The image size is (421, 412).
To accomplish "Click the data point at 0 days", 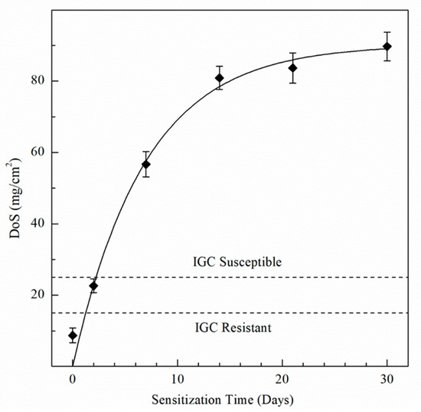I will coord(73,335).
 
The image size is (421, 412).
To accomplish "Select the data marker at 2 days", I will coord(93,286).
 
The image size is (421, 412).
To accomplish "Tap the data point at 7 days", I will coord(145,164).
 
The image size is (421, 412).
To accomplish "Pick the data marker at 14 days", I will coord(219,78).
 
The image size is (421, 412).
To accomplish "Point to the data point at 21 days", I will coord(292,67).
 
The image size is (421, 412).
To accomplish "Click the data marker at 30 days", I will coord(387,47).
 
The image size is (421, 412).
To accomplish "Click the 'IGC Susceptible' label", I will coord(237,262).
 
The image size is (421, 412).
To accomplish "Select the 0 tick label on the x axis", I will coord(73,379).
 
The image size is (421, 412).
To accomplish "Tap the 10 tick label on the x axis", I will coord(178,379).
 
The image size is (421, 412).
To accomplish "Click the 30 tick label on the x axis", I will coord(387,379).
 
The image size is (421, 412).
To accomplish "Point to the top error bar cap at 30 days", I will coord(387,32).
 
